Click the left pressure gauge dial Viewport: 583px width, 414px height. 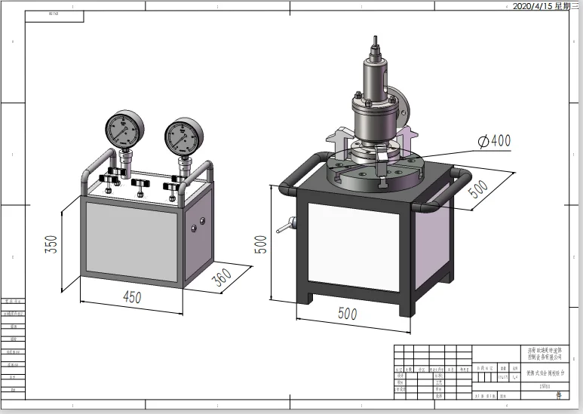tap(122, 130)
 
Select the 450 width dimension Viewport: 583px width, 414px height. tap(132, 297)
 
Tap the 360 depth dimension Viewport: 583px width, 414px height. tap(222, 278)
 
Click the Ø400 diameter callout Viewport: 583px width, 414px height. tap(494, 140)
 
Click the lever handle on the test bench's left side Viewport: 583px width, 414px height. tap(285, 225)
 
